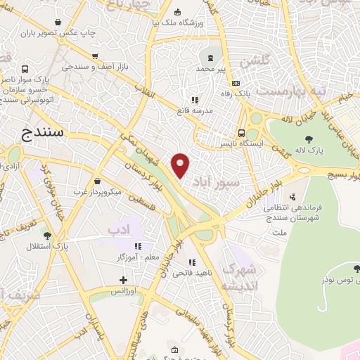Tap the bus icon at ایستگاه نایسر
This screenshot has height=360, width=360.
tap(242, 132)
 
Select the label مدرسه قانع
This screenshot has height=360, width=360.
tap(212, 110)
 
